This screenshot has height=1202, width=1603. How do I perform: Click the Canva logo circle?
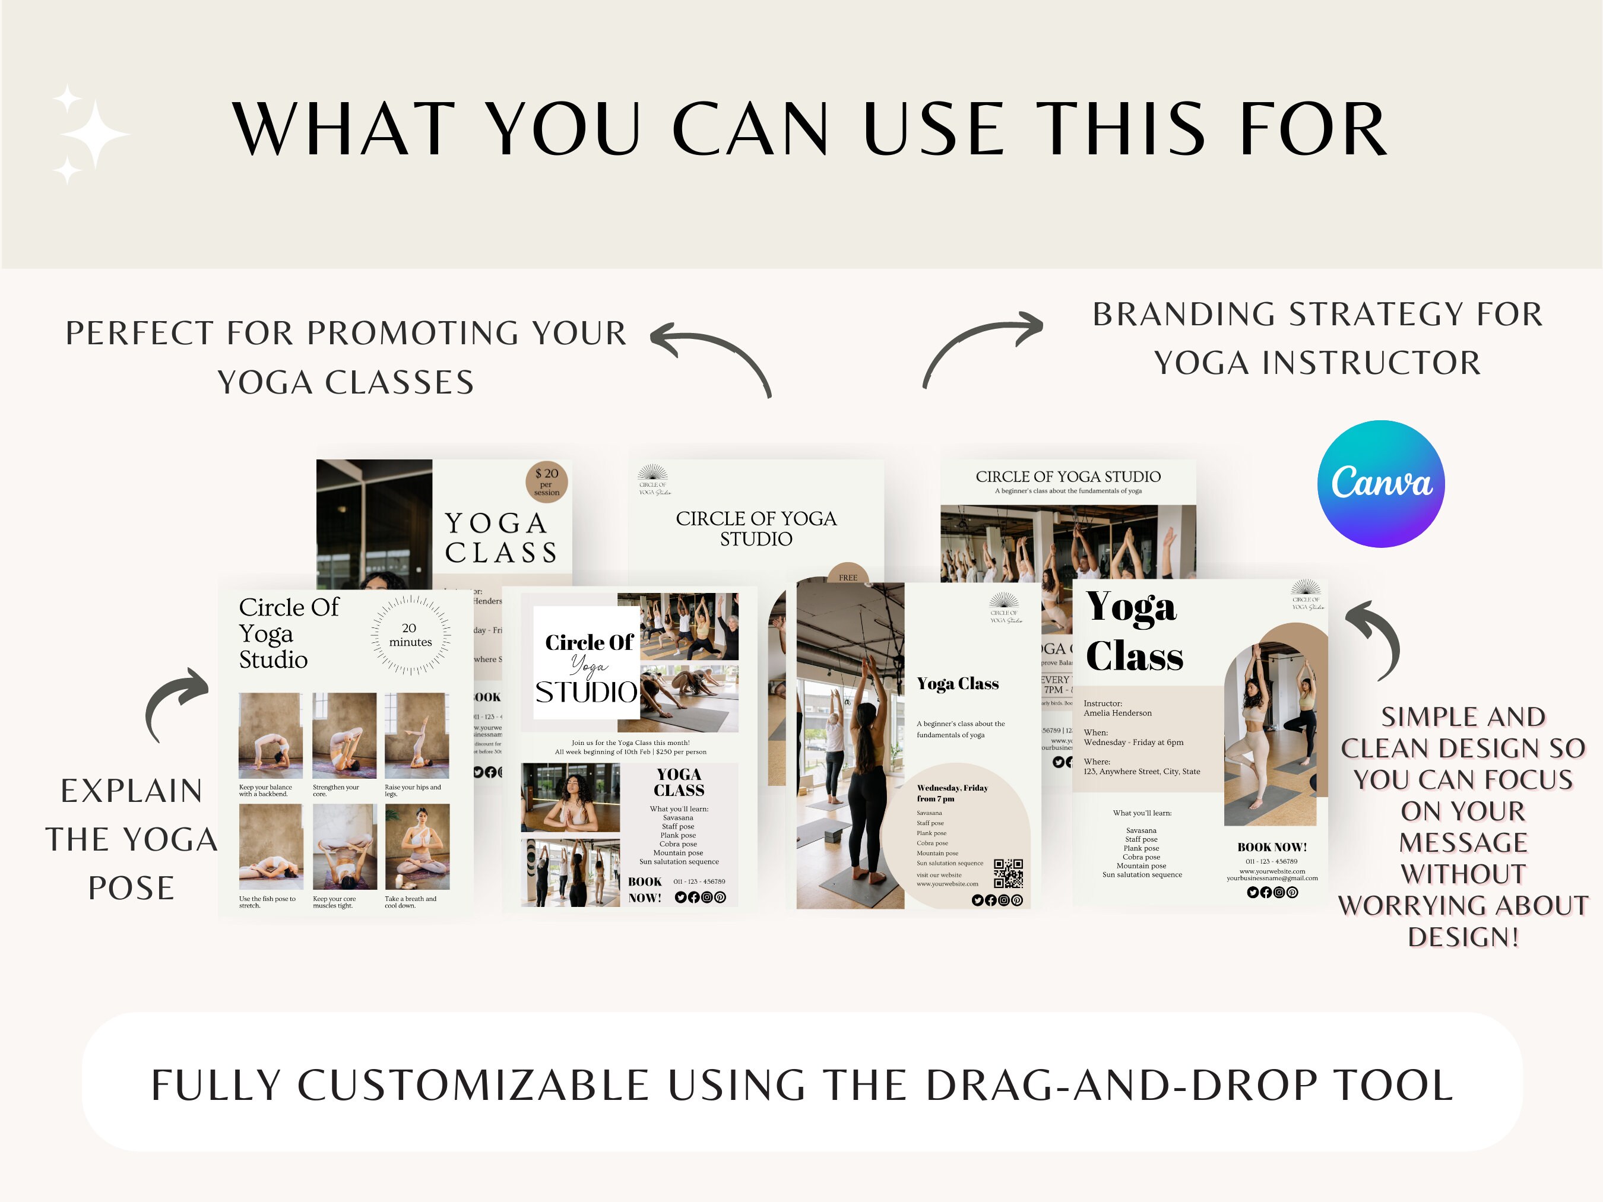click(1380, 483)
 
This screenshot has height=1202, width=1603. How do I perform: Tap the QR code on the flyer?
click(1008, 873)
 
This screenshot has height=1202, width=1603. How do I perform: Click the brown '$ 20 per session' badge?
click(546, 483)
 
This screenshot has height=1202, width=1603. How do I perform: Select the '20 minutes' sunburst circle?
click(410, 635)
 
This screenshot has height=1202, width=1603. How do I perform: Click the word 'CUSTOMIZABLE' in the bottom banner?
click(473, 1084)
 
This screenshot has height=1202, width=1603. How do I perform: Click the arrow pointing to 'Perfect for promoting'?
click(710, 358)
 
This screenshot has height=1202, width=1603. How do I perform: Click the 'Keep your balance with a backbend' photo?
click(270, 735)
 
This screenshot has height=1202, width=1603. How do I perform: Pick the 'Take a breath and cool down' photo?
click(417, 846)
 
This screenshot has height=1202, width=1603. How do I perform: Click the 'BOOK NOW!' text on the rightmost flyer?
click(1272, 847)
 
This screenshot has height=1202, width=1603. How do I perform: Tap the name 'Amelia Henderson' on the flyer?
click(1117, 713)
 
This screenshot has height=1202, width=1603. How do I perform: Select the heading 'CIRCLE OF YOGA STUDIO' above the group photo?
click(1067, 477)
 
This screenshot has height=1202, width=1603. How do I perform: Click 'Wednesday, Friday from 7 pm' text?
click(952, 792)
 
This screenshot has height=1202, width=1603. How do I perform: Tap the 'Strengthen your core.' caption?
click(335, 791)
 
